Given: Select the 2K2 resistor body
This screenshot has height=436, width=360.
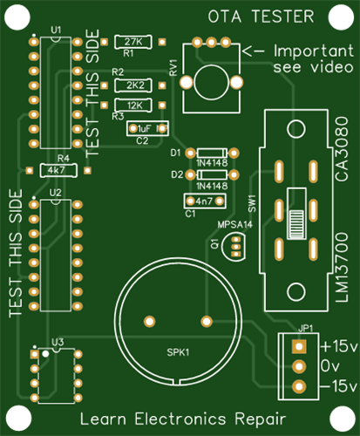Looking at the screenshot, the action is pos(133,85).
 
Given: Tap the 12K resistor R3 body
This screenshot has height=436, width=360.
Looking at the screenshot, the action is pos(133,106).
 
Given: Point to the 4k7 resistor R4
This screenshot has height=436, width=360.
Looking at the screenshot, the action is pos(58,170).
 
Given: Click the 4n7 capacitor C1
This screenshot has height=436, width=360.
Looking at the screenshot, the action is pos(205,201).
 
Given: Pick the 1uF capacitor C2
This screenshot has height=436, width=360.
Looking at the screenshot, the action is pos(147,128).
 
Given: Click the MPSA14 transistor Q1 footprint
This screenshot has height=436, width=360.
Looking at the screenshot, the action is pos(234,247).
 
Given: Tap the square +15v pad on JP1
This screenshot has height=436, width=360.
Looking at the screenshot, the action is pos(299,346).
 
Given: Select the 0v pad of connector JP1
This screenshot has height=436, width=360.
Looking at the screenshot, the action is pos(299,366).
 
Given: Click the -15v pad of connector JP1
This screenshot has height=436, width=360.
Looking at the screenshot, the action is pos(299,386).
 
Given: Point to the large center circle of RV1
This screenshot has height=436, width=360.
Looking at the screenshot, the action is pos(211,82).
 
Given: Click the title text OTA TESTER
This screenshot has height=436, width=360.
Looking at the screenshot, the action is pos(261,17).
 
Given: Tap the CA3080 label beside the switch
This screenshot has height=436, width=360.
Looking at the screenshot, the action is pos(342,149).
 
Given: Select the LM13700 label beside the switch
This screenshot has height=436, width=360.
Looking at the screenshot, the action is pos(342,268).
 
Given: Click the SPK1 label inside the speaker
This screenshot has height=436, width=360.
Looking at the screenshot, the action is pos(178,352).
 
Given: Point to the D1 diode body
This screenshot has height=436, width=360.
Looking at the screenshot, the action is pos(212,153).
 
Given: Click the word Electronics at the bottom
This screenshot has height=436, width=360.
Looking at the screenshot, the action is pos(180,419).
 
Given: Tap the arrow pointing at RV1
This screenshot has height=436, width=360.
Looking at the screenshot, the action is pos(254,51).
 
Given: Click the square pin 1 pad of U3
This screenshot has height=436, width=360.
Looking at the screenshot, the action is pos(35,354).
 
